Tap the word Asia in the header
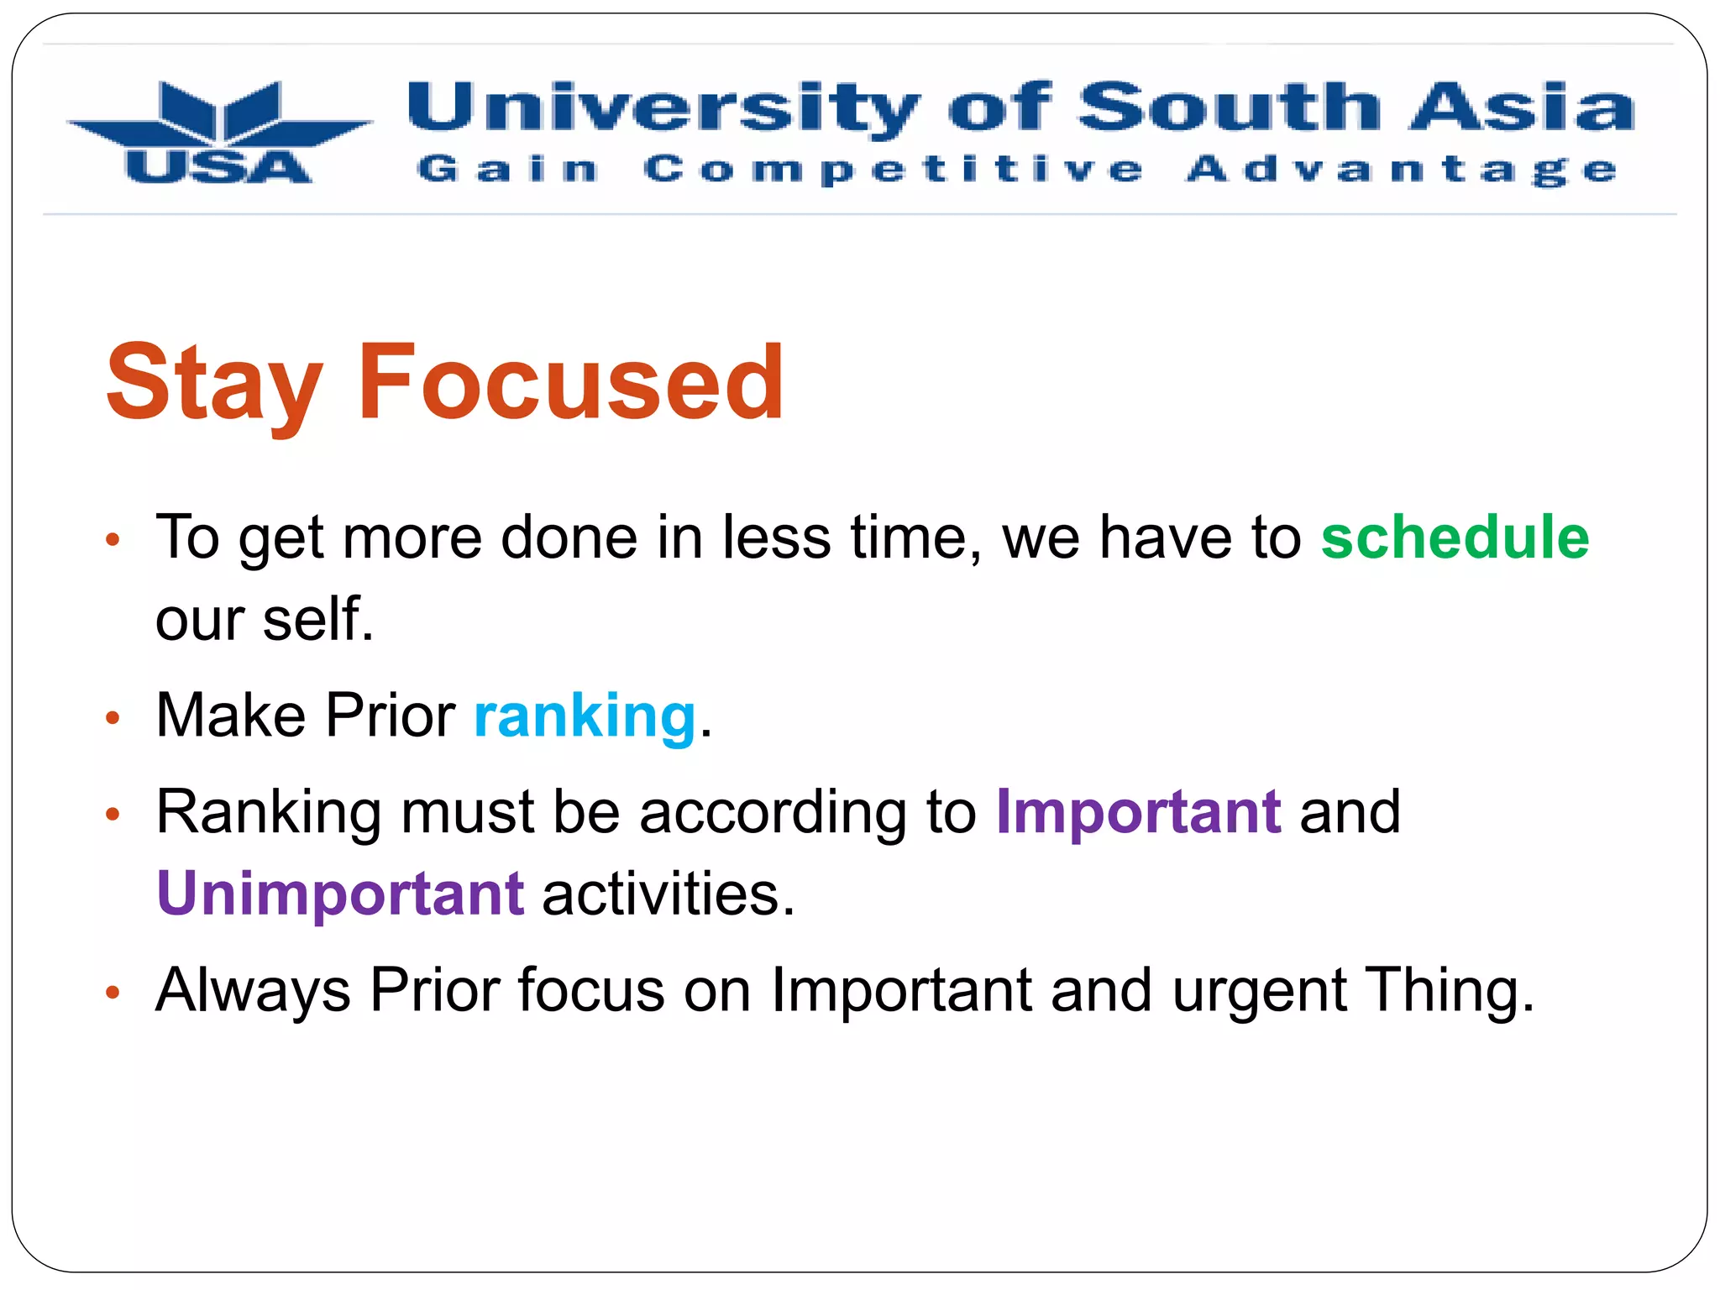[x=1522, y=107]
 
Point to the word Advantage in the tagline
[x=1402, y=170]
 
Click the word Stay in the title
[x=215, y=385]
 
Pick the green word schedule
[x=1455, y=537]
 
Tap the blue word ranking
[x=585, y=716]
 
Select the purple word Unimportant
[x=341, y=893]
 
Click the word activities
[x=668, y=893]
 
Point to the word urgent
[x=1260, y=991]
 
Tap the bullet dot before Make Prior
[x=113, y=718]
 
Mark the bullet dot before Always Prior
[x=113, y=994]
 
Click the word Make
[x=231, y=716]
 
